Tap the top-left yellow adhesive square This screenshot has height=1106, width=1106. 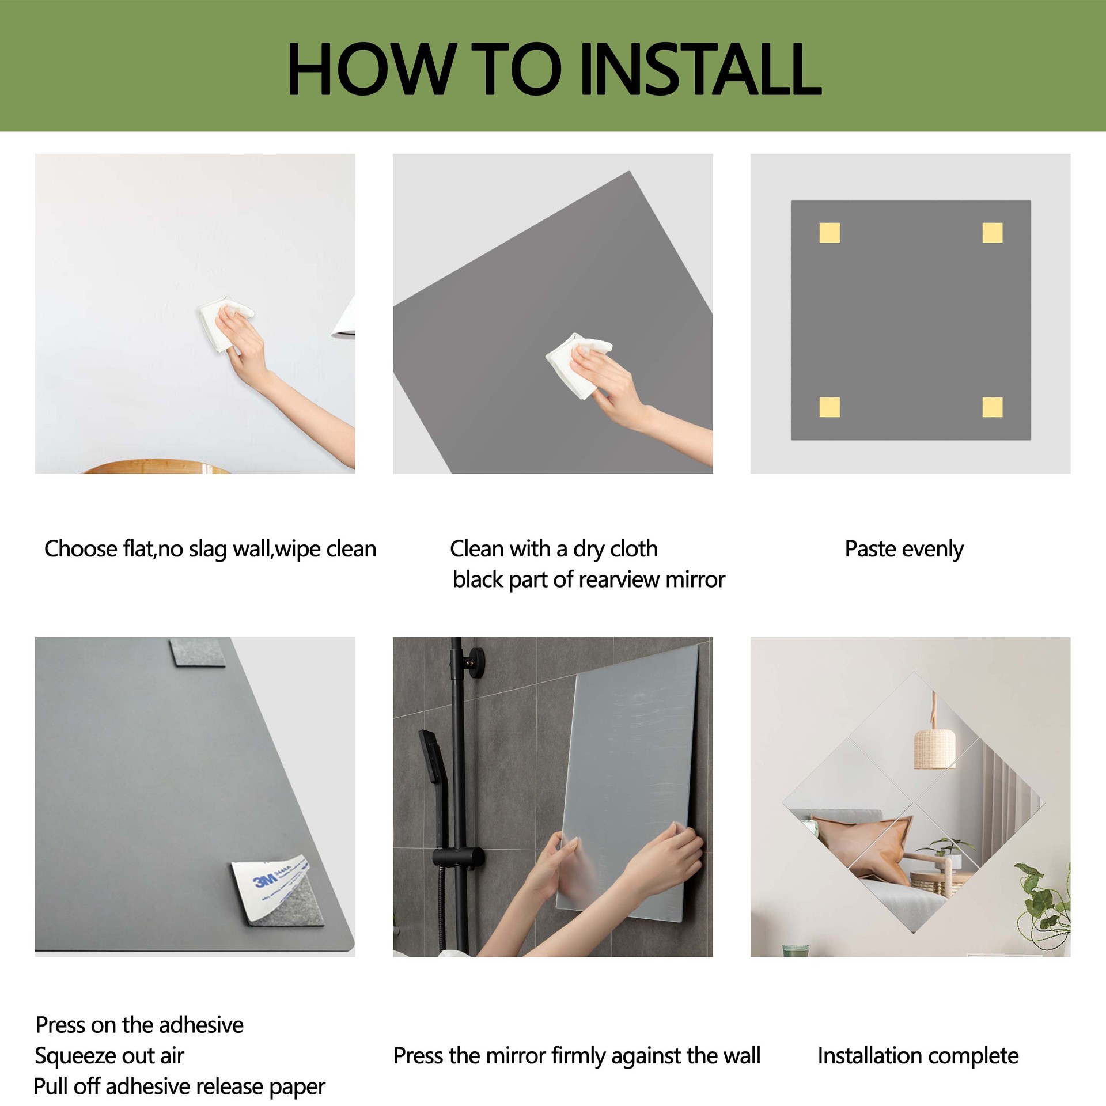pyautogui.click(x=829, y=233)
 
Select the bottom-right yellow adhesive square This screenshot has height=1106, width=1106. pyautogui.click(x=993, y=407)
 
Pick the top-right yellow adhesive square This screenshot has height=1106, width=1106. pyautogui.click(x=993, y=233)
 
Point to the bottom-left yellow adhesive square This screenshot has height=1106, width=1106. pyautogui.click(x=829, y=407)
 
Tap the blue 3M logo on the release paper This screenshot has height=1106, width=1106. pyautogui.click(x=266, y=884)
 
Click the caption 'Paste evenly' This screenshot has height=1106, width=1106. pyautogui.click(x=904, y=549)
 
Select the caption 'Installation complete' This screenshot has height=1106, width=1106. pyautogui.click(x=918, y=1056)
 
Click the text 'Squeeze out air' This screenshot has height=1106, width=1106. pyautogui.click(x=109, y=1056)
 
